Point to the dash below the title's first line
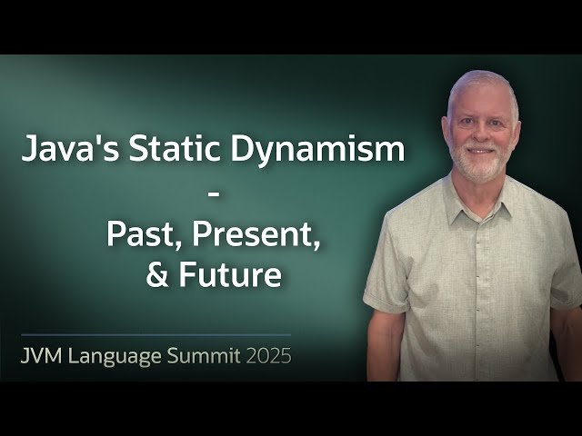click(x=214, y=193)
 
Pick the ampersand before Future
click(x=156, y=275)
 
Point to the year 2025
click(x=267, y=355)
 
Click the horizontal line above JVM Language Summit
click(x=155, y=334)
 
